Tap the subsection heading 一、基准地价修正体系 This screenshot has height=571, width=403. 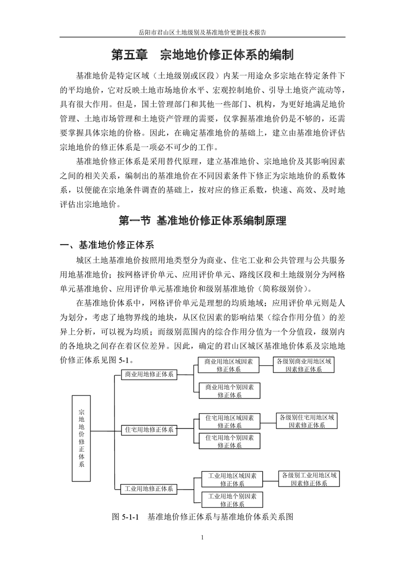coord(107,244)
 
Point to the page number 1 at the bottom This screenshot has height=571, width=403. coord(202,537)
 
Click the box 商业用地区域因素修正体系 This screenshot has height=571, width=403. coord(229,365)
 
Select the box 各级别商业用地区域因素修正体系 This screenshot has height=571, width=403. coord(303,365)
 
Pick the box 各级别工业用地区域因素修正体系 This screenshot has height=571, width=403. coord(308,479)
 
